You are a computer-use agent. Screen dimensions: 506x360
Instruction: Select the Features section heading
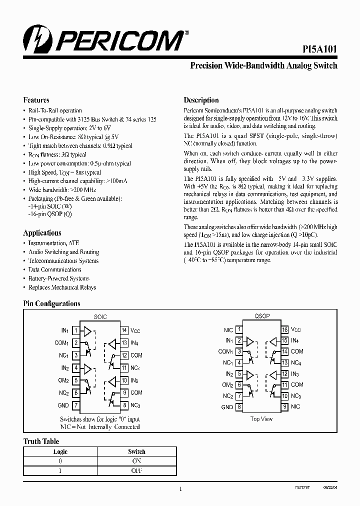pos(36,99)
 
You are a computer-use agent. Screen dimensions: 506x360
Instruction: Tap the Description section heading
pos(201,99)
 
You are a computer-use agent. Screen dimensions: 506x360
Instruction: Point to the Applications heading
pos(42,232)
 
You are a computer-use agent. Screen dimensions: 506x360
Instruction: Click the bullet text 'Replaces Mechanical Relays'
pos(62,287)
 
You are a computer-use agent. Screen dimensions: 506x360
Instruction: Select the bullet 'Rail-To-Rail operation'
pos(55,110)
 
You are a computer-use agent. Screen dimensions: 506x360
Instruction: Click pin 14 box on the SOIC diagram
pos(124,330)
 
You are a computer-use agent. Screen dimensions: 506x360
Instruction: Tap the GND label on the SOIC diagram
pos(63,405)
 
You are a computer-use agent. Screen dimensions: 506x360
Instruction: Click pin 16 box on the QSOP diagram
pos(284,330)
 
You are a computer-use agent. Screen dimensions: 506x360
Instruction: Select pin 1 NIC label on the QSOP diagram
pos(228,330)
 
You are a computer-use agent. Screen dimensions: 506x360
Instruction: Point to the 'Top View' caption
pos(261,419)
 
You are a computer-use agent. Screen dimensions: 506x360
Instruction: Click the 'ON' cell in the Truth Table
pos(136,461)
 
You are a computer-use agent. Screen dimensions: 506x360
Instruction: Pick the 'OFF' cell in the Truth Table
pos(136,470)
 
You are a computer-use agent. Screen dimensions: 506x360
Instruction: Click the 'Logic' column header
pos(60,451)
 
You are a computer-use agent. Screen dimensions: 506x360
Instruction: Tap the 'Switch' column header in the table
pos(136,451)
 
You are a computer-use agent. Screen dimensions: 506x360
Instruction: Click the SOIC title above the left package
pos(100,317)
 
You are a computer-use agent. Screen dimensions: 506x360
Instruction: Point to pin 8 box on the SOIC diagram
pos(124,405)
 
